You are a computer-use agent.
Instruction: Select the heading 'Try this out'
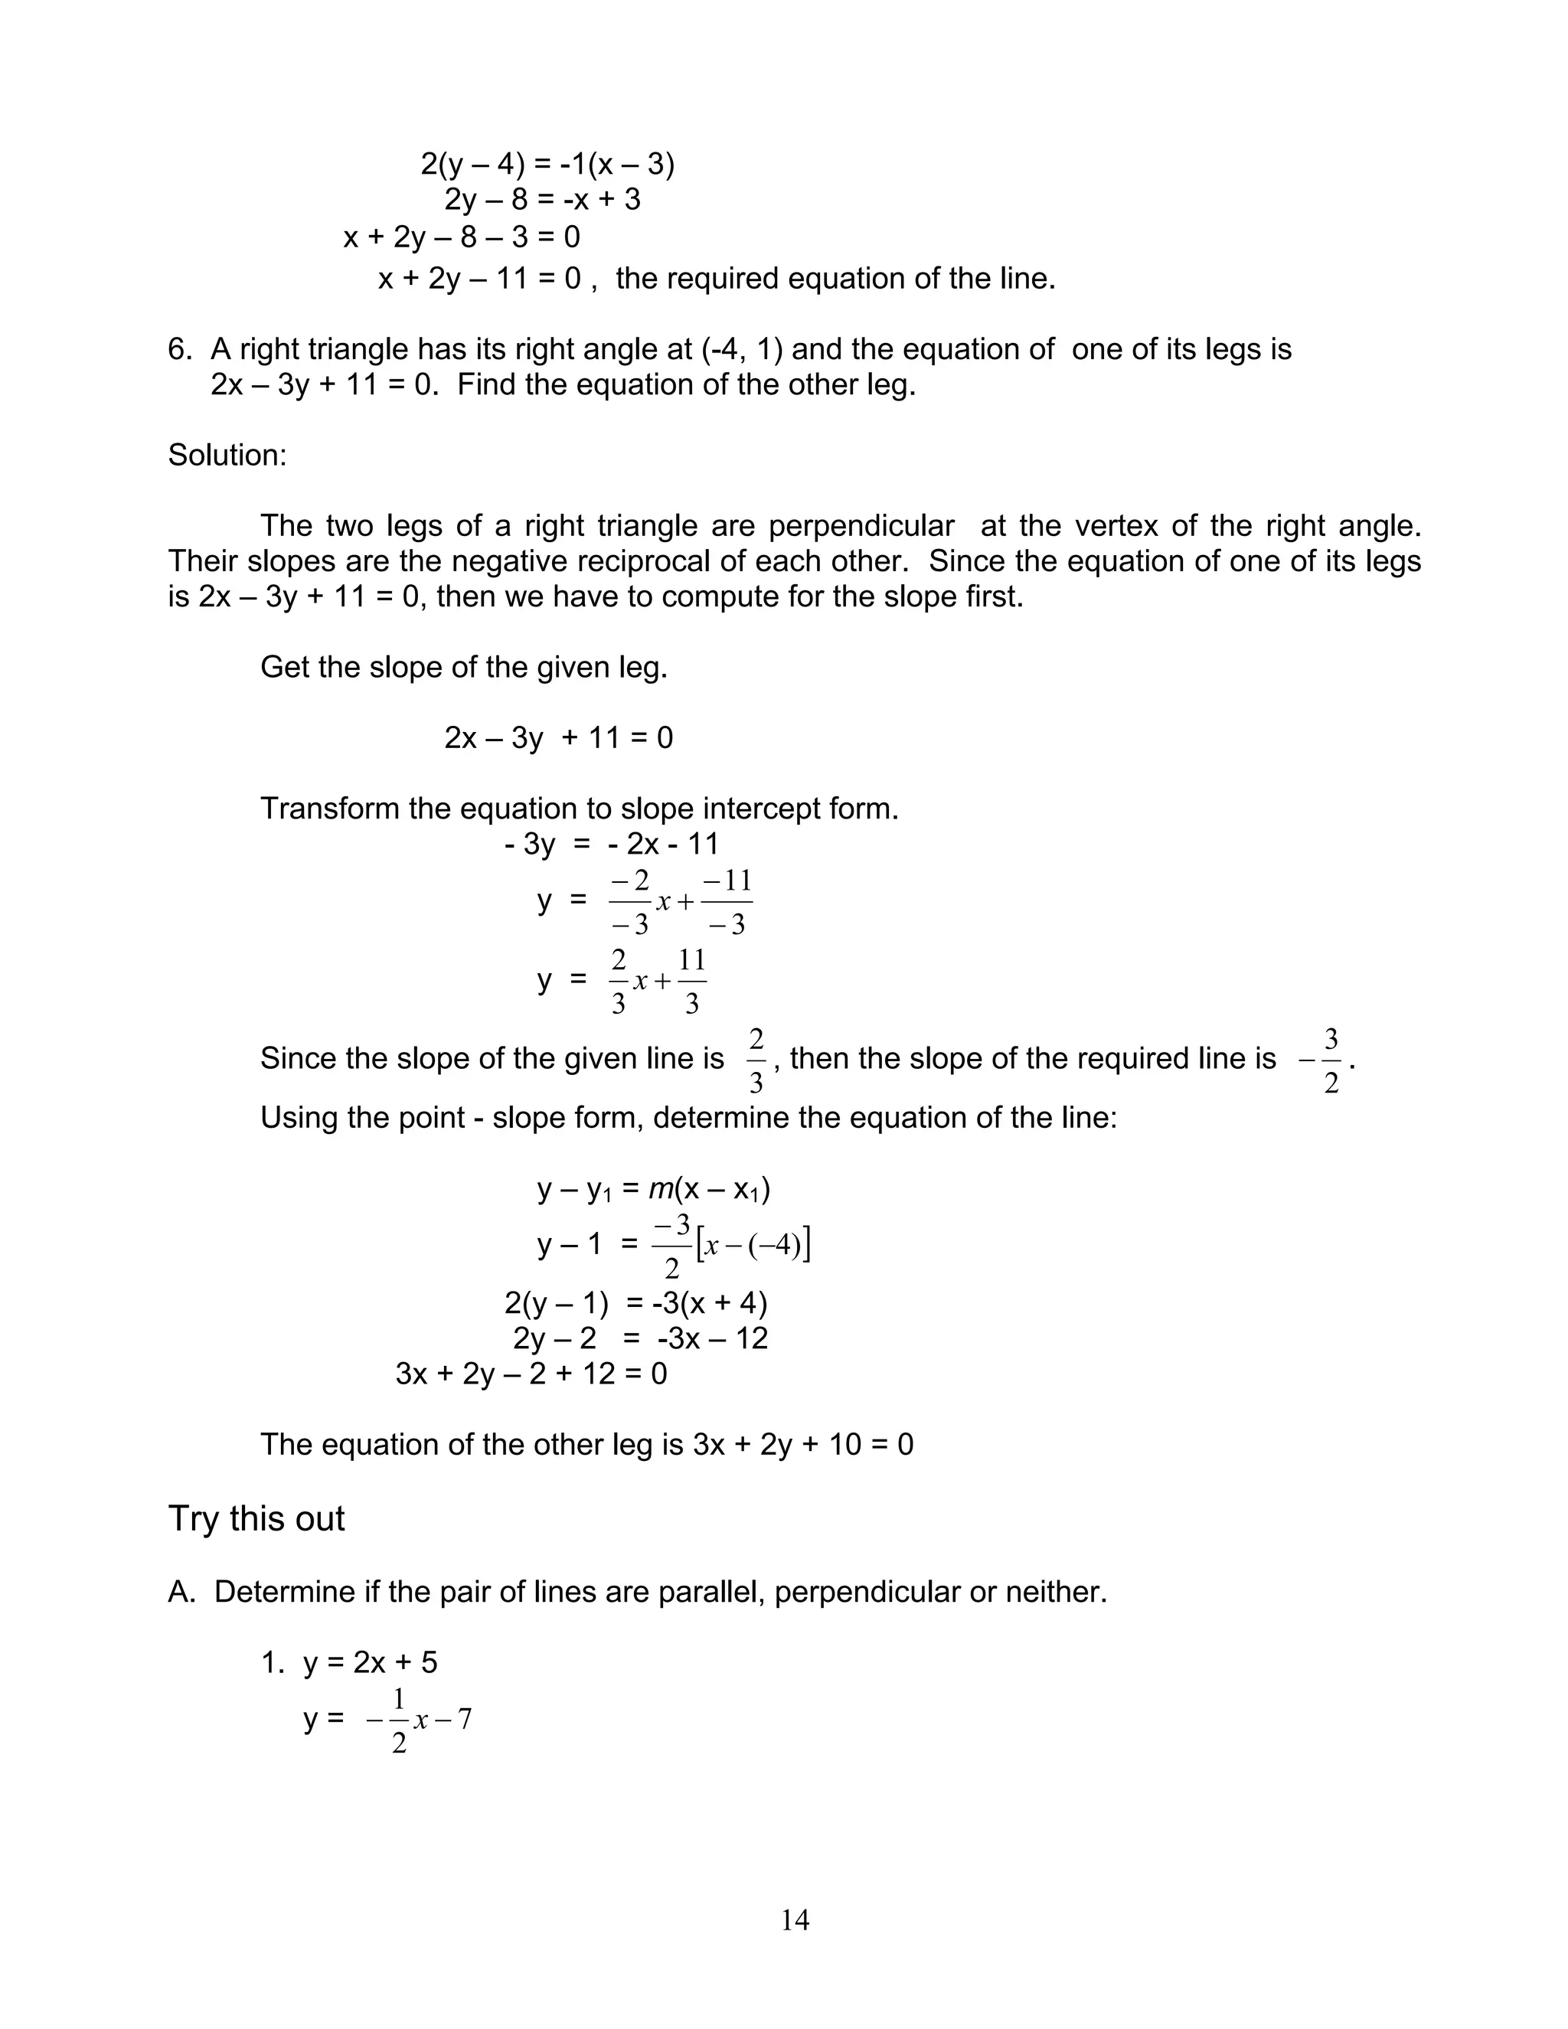256,1519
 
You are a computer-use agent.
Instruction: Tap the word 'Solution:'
227,456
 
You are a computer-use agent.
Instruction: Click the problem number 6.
179,349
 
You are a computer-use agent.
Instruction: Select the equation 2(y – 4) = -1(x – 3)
547,165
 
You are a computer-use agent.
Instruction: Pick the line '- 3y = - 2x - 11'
611,844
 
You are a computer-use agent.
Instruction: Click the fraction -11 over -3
727,902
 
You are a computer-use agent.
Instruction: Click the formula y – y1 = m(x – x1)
653,1189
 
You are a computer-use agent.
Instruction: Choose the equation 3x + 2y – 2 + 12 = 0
531,1373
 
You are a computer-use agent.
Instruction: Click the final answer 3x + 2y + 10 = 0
802,1444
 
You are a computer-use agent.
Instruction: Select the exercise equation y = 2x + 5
370,1662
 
